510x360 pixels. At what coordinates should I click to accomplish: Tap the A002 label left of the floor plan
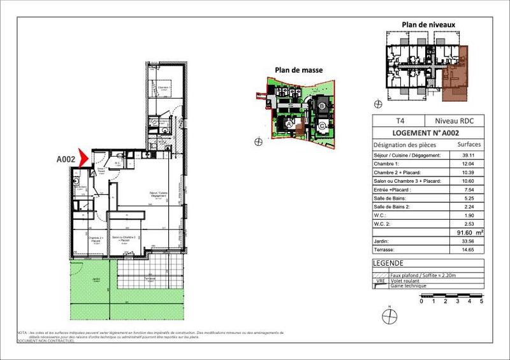click(66, 159)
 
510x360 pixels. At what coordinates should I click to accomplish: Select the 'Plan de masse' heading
click(298, 70)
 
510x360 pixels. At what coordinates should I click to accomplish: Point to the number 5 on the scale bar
click(481, 300)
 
